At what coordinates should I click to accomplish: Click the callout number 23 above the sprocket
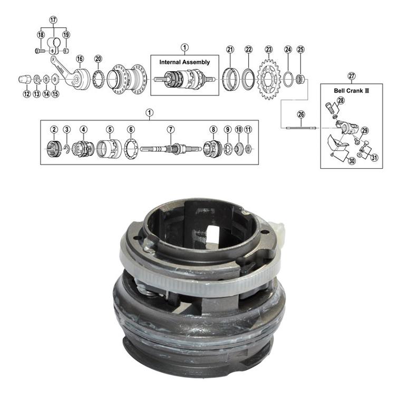click(x=268, y=50)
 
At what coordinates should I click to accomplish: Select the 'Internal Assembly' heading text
click(x=185, y=62)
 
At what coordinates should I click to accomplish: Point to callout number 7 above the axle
click(x=170, y=129)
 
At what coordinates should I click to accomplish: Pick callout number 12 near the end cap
click(x=26, y=94)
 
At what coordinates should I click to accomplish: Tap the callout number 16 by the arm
click(x=80, y=59)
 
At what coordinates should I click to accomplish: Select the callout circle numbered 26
click(x=300, y=114)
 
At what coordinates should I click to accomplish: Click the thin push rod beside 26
click(x=300, y=128)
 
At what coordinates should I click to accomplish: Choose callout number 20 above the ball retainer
click(x=98, y=59)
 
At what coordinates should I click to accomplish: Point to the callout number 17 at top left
click(x=53, y=20)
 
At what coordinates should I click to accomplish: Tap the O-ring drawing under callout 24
click(x=288, y=80)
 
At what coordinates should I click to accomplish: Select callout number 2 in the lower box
click(x=54, y=129)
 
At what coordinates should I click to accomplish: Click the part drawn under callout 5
click(x=109, y=149)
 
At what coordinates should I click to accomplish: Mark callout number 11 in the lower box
click(x=248, y=129)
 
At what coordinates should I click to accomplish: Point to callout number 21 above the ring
click(x=230, y=50)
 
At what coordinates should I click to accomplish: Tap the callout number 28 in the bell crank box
click(x=341, y=100)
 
